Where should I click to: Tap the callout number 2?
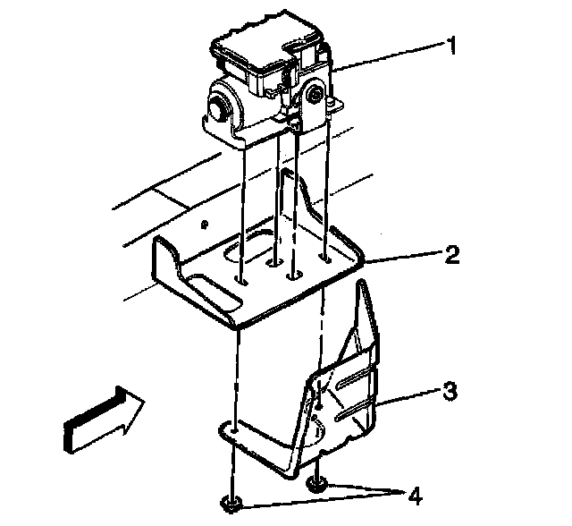(452, 256)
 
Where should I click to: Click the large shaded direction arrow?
(101, 418)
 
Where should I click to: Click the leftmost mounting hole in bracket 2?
(241, 280)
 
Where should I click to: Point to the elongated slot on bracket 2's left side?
(206, 293)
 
